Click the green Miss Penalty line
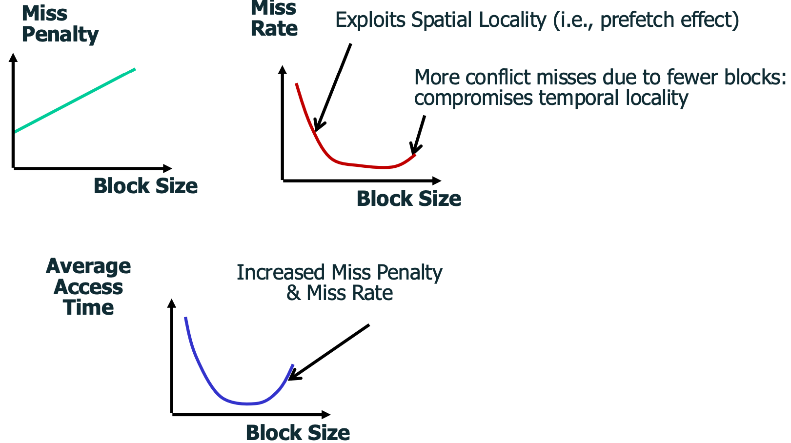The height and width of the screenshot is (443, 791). point(74,101)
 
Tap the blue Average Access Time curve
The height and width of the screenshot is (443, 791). point(226,400)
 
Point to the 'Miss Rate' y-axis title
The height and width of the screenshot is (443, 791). point(274,19)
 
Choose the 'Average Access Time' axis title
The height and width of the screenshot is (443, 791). point(88,286)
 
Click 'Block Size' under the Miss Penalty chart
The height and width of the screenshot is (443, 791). point(145,186)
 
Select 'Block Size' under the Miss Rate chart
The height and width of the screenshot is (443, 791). point(409,199)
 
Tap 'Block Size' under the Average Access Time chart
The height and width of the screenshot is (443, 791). point(298,432)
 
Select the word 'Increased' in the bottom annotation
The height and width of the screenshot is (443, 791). point(281,273)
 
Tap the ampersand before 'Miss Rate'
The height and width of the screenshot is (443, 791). point(293,293)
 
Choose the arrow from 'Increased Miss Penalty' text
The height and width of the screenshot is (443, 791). point(328,352)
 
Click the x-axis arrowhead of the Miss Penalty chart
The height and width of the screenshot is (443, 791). point(167,168)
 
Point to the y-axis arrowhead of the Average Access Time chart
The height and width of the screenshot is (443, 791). point(172,303)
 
